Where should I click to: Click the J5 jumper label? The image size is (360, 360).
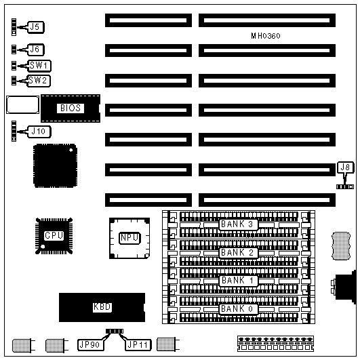coord(36,27)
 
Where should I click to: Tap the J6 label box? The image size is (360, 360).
coord(35,49)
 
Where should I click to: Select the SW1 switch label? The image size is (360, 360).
coord(39,66)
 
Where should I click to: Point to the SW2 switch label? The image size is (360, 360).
coord(39,81)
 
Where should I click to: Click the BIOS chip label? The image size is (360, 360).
coord(71,108)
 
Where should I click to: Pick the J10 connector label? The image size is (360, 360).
coord(39,132)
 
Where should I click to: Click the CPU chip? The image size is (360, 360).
coord(54,236)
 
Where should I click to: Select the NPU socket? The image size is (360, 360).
coord(129,238)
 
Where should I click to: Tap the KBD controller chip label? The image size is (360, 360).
coord(102,307)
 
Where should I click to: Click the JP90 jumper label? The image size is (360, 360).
coord(90,344)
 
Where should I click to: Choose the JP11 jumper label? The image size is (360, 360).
coord(138,344)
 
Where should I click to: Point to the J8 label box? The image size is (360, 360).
coord(346,167)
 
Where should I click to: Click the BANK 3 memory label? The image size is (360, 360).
coord(238,224)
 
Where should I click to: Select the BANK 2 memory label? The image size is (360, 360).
coord(238,253)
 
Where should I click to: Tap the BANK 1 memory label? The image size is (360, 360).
coord(238,281)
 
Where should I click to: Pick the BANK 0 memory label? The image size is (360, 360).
coord(238,308)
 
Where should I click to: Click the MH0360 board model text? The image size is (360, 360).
coord(266,36)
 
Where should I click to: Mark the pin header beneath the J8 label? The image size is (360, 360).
coord(345,187)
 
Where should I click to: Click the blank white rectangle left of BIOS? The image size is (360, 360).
coord(23,104)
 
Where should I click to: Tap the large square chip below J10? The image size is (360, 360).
coord(55,166)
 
